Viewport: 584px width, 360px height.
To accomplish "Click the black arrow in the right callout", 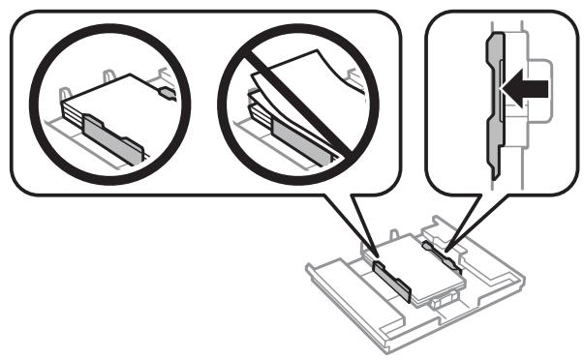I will [x=528, y=90].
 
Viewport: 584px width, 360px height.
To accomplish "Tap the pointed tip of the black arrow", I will [x=506, y=90].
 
